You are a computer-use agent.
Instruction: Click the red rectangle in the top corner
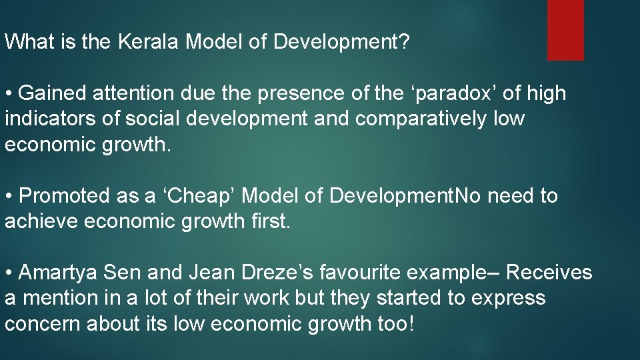[565, 30]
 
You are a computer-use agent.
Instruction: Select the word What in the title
[28, 43]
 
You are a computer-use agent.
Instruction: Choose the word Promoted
[65, 196]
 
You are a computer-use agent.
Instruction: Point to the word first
[269, 221]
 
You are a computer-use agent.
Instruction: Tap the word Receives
[549, 273]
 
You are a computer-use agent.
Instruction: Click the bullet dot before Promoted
[9, 196]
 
